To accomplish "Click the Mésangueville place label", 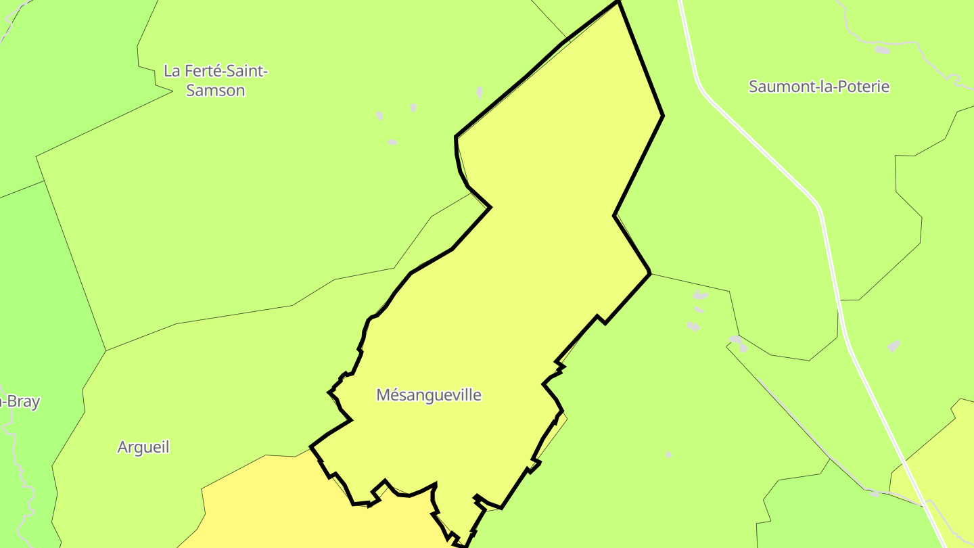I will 428,395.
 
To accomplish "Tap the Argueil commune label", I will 143,447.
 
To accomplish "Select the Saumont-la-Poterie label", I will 818,87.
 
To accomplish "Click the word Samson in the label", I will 215,91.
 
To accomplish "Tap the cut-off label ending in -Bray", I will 20,402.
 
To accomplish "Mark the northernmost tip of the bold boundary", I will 618,2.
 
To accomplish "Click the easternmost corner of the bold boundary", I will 662,116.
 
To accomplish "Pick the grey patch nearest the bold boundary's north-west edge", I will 480,92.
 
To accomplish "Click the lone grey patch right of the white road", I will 894,346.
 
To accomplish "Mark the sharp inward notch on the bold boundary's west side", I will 490,207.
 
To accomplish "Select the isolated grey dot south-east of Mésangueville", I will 668,455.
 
